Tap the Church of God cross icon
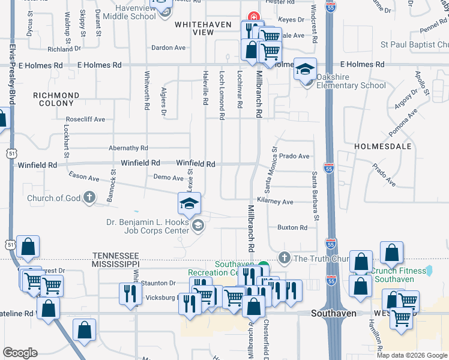[x=89, y=197]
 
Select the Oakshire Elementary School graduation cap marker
[x=305, y=71]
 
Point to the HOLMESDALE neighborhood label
[x=382, y=146]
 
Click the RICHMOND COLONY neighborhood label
[x=56, y=100]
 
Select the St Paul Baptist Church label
[x=414, y=44]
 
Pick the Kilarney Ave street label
[x=275, y=202]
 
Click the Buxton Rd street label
[x=292, y=227]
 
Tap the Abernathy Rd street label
[x=128, y=148]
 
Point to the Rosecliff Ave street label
[x=85, y=119]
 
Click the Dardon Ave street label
[x=167, y=47]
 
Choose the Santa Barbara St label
[x=314, y=195]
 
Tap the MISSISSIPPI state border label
[x=115, y=264]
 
